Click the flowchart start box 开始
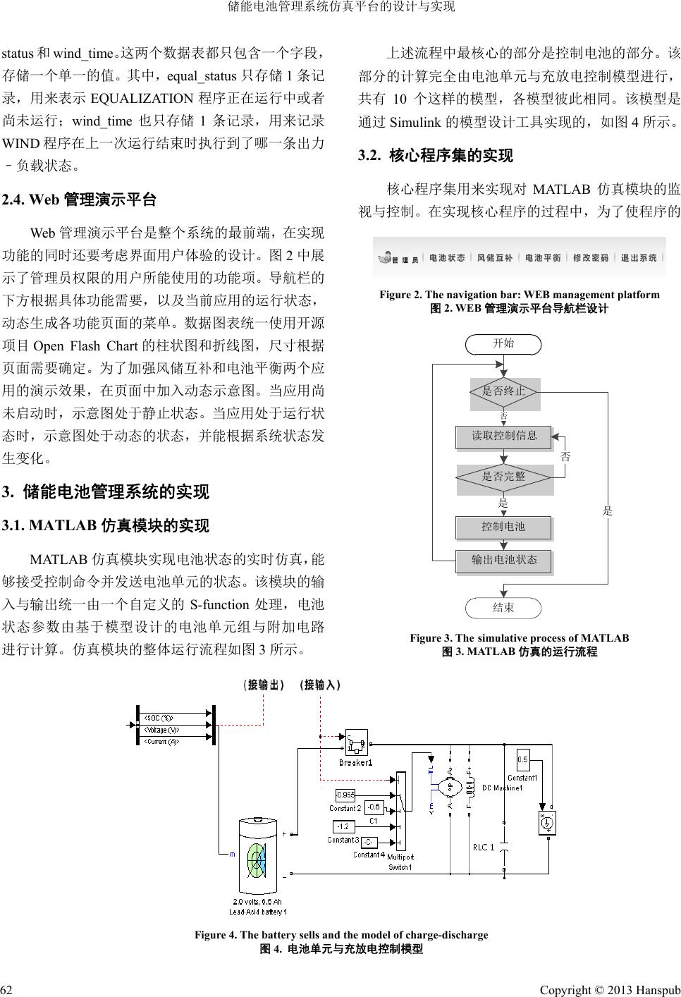pos(503,344)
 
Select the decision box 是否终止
pos(504,391)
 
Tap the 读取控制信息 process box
pos(505,436)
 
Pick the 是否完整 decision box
pos(504,477)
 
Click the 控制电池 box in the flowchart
pos(504,527)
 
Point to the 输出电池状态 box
pos(504,561)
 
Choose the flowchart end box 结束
pos(503,607)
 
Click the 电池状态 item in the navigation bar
pos(447,258)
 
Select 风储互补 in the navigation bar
pos(495,258)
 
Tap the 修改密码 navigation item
pos(591,258)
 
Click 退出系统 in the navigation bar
pos(639,258)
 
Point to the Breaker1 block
pos(355,744)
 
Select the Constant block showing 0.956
pos(345,795)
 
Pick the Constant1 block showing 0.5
pos(523,760)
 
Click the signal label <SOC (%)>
pos(161,718)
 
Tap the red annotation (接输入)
pos(319,685)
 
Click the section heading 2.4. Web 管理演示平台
pos(80,200)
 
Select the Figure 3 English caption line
pos(519,638)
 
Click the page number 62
pos(10,984)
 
